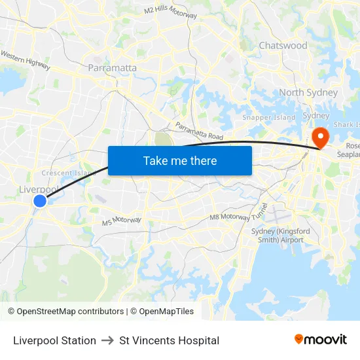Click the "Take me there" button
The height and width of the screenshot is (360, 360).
point(180,160)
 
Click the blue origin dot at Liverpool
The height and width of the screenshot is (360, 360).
point(40,201)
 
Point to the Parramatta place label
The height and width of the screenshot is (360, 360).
point(112,67)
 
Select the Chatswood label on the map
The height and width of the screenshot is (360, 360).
point(283,45)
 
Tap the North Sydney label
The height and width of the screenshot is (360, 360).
point(308,92)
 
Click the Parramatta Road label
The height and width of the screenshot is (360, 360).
point(199,131)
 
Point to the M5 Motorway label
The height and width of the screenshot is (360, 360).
point(122,221)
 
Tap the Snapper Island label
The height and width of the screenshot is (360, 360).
point(269,117)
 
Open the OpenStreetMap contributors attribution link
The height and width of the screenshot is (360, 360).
point(70,312)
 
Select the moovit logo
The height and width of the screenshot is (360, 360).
point(321,339)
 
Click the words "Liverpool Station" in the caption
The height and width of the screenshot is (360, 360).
point(54,340)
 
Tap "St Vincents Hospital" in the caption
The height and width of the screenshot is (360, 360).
point(169,340)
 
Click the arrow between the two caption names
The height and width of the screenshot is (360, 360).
point(107,340)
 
